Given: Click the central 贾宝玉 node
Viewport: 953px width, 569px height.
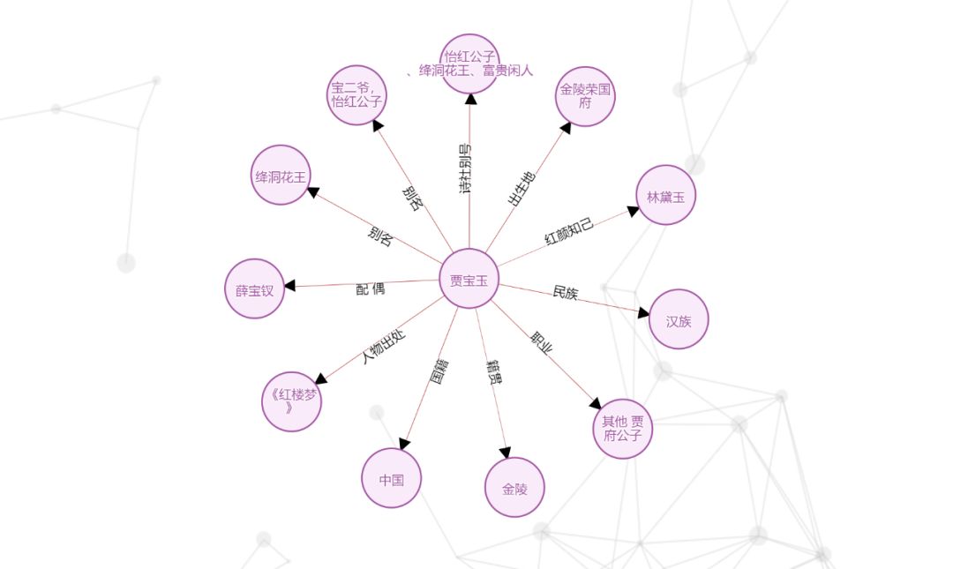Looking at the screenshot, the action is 469,280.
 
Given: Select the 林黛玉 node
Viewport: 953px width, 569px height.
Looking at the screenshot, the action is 666,195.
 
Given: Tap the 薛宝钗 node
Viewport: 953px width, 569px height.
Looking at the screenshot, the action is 254,288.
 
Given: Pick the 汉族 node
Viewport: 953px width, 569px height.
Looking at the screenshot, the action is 679,319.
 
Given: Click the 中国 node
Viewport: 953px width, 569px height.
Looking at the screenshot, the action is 392,478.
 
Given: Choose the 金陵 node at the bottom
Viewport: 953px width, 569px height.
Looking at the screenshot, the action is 514,487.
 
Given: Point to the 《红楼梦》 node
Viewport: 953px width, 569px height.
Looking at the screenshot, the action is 291,401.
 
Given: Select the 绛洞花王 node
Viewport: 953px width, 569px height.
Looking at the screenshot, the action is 281,176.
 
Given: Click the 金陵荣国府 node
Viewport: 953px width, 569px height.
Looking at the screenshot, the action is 585,96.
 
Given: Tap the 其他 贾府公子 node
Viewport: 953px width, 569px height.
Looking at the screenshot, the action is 622,429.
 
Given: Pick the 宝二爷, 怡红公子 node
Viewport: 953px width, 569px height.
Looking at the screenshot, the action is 356,94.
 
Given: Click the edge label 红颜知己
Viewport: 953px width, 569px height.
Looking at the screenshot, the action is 569,231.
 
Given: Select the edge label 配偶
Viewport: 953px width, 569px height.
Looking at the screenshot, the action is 371,288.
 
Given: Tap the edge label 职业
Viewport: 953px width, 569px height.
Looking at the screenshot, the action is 542,343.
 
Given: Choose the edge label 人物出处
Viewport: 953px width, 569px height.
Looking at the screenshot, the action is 384,347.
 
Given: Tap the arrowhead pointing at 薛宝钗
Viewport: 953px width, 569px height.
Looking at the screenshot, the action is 289,285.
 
